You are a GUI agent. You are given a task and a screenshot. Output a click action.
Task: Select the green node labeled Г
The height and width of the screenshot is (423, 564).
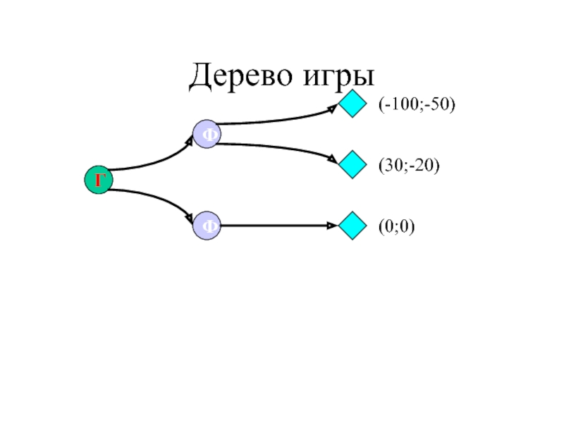(x=99, y=180)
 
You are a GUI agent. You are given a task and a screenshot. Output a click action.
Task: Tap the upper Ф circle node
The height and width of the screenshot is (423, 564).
(x=207, y=134)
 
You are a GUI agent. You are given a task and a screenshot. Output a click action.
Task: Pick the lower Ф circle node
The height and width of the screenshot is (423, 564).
(x=207, y=226)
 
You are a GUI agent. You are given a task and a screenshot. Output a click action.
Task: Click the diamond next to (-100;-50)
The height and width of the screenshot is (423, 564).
(x=352, y=105)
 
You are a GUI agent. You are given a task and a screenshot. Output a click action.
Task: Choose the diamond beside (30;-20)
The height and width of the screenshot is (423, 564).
(x=352, y=166)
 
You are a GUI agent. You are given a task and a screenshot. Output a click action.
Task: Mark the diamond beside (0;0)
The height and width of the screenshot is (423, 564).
(x=352, y=226)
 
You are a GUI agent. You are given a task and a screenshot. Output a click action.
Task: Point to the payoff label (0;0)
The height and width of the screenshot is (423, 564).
(x=396, y=226)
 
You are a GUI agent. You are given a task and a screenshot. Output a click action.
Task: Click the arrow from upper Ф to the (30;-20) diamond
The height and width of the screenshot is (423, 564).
(x=282, y=148)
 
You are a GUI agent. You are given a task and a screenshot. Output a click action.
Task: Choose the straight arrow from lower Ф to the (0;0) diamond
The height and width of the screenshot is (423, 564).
(x=278, y=226)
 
